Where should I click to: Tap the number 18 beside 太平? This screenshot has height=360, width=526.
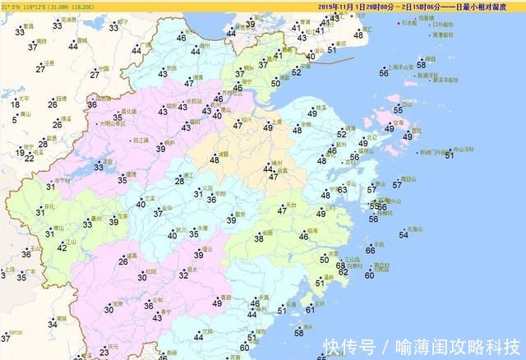pos(15,104)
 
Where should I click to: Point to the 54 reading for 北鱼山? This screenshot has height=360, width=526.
pos(403,235)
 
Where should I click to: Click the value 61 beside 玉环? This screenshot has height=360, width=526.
pos(310,310)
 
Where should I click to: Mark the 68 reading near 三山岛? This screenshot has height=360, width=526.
pos(341,265)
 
